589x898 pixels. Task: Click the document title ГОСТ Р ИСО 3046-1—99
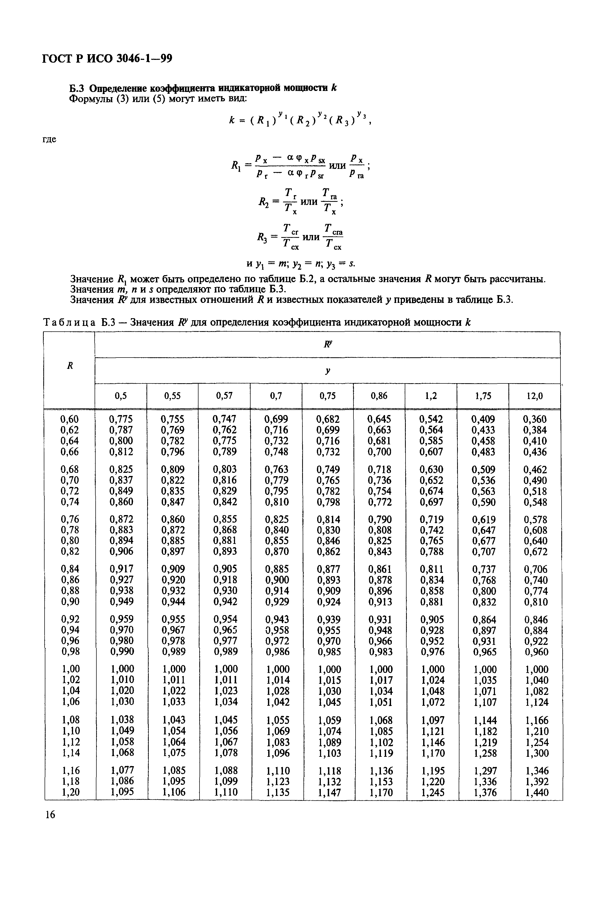(x=107, y=59)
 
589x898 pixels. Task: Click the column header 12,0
(x=534, y=396)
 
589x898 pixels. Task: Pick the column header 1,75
(x=483, y=396)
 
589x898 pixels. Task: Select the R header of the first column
(x=70, y=366)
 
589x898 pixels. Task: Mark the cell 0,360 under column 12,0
(x=535, y=419)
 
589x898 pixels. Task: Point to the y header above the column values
(x=328, y=371)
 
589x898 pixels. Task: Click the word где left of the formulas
(x=49, y=139)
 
